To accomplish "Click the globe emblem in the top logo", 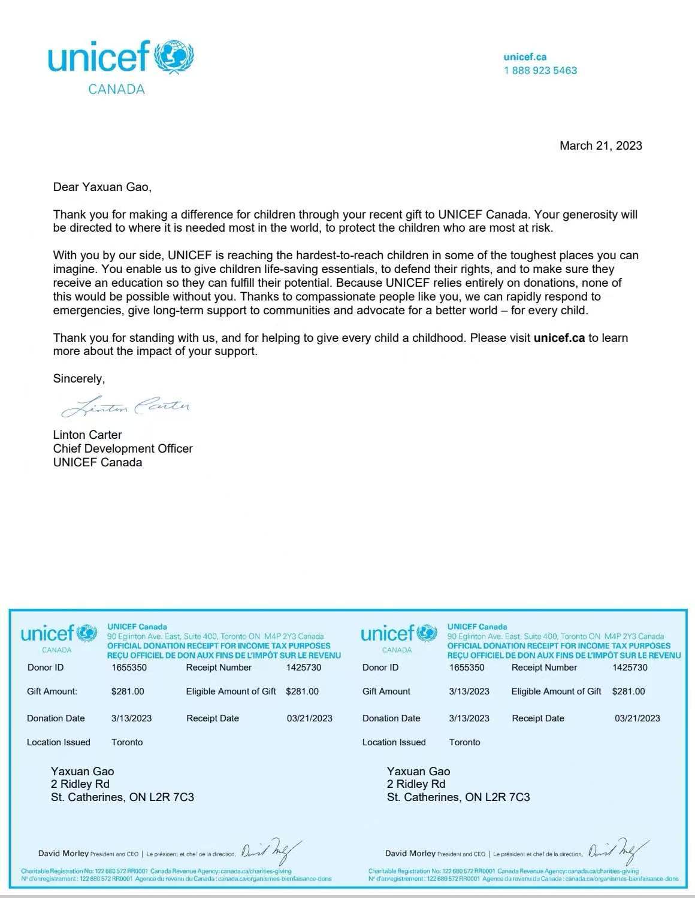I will point(174,57).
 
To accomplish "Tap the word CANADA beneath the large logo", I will point(116,89).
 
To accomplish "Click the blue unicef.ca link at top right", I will point(525,57).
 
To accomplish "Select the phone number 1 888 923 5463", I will point(540,70).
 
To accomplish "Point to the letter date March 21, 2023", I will point(600,145).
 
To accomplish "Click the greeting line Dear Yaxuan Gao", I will point(102,187).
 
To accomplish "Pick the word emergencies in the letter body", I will point(84,310).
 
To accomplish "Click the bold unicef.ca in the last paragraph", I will point(558,338).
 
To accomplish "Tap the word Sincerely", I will point(78,378).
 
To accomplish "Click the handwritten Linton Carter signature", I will point(126,407).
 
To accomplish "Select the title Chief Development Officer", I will point(123,448).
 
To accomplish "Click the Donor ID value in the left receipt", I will point(129,668).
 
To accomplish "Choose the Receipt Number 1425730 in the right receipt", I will point(630,668).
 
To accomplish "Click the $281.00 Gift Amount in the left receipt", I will point(128,691).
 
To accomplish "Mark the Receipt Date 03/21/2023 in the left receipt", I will point(309,718).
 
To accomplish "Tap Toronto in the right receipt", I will point(464,742).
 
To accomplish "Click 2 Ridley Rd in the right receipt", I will point(416,784).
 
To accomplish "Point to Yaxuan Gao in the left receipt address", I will point(82,771).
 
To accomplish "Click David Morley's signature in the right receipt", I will point(617,850).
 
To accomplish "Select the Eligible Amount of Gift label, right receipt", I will point(556,691).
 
